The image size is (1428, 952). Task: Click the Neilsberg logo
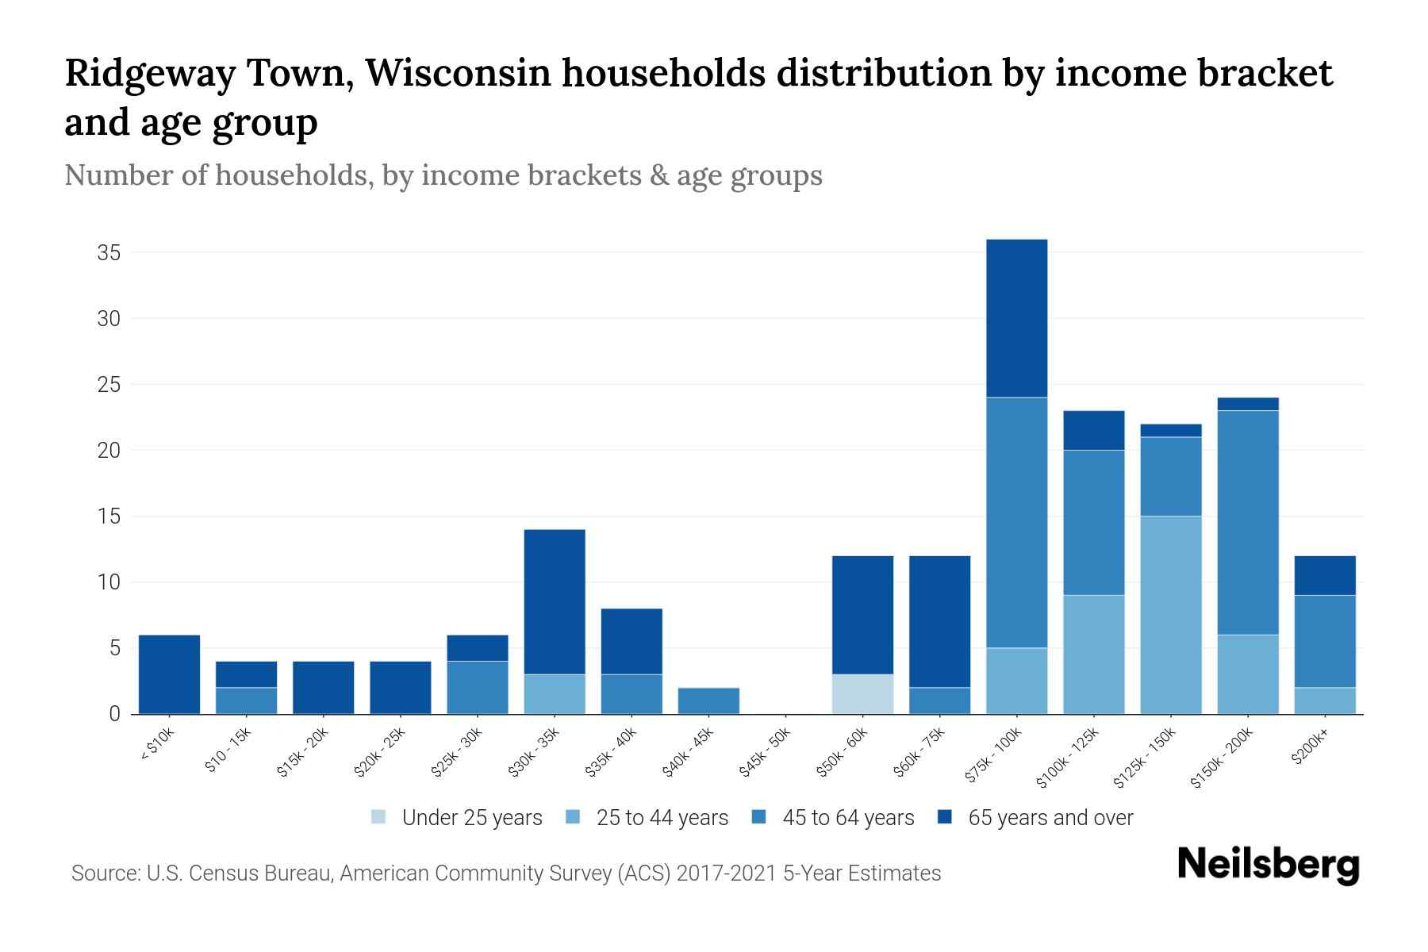click(1268, 865)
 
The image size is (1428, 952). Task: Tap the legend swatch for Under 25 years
click(379, 817)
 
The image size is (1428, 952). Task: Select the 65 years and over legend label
click(1050, 818)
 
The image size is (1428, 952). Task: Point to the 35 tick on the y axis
click(109, 253)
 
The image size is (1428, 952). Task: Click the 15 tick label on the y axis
click(109, 516)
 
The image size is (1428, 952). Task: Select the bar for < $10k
click(169, 674)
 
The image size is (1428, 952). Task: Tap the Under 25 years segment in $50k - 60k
click(862, 694)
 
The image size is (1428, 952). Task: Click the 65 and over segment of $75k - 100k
click(1016, 318)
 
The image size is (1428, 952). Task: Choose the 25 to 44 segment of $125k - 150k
click(1170, 615)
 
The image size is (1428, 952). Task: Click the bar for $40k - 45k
click(708, 701)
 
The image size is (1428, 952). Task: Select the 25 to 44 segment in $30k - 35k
click(555, 694)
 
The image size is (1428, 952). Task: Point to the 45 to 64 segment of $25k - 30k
click(478, 687)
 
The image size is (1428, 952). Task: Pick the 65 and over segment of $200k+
click(1324, 575)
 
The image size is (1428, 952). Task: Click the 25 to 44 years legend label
click(662, 818)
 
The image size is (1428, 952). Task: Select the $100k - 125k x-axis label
click(1069, 758)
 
